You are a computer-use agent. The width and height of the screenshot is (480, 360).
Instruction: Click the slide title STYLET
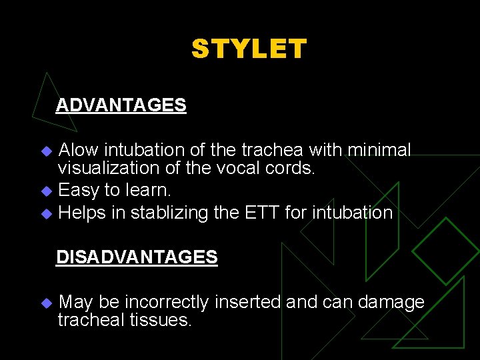click(x=249, y=49)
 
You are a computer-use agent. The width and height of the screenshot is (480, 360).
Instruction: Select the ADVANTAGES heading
click(x=121, y=105)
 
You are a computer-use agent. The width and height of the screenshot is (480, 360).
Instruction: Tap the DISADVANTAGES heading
click(x=137, y=257)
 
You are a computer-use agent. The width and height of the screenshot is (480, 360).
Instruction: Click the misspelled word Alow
click(x=79, y=150)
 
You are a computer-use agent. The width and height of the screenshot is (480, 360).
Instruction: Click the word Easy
click(x=78, y=190)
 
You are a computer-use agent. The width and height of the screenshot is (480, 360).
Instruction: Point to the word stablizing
click(x=161, y=213)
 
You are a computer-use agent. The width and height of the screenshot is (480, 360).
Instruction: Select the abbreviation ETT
click(x=255, y=213)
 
